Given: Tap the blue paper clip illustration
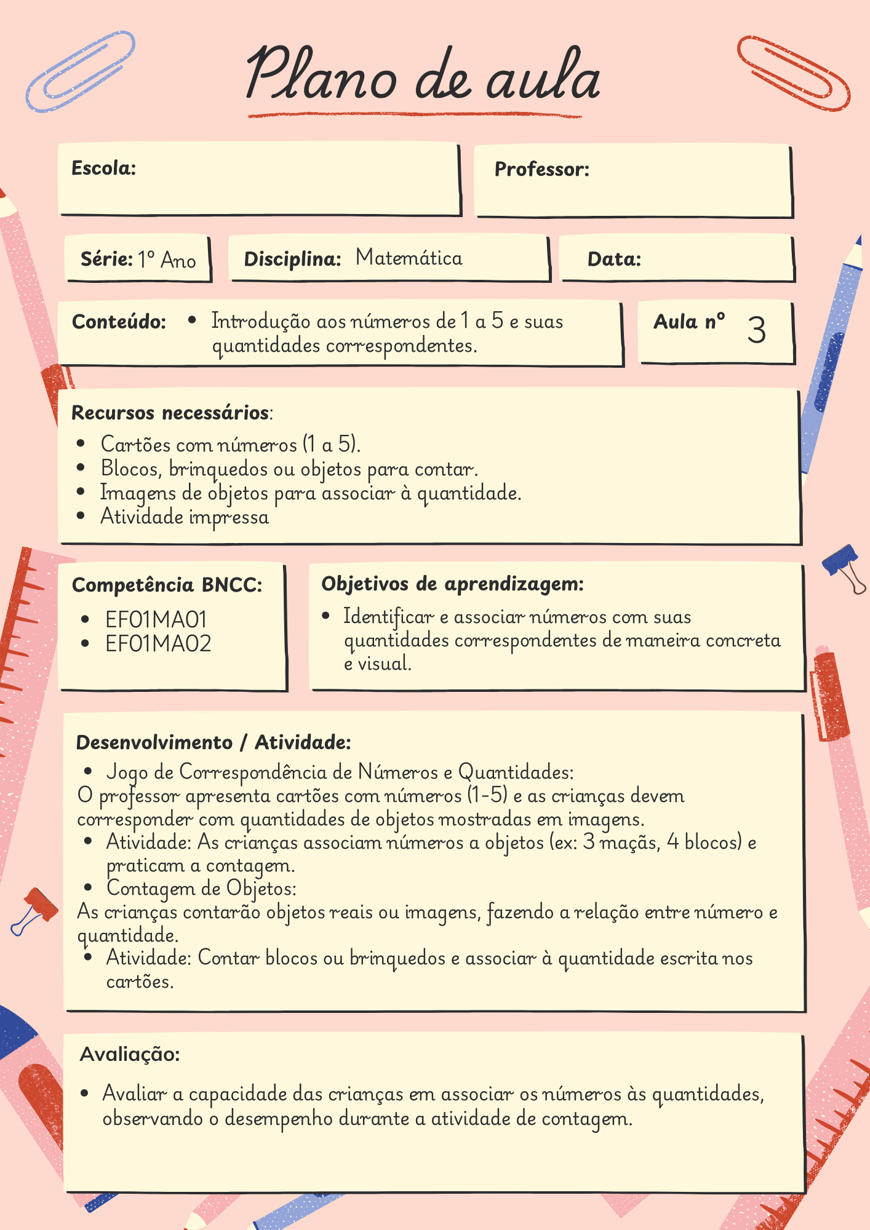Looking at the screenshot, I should pos(81,71).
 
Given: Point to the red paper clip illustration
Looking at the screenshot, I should pos(793,73).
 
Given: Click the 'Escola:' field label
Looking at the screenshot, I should pos(103,168).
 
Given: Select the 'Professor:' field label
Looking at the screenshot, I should pos(541,169).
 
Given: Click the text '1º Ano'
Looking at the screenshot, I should pos(167,260).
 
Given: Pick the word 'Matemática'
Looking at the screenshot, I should pos(409,257).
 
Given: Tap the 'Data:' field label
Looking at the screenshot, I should pos(614,259).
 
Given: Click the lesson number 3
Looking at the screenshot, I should pos(756,330).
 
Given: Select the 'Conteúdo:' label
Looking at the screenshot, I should pos(119,322).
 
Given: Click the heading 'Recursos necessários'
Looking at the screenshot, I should pos(170,412).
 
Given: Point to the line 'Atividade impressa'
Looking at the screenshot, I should pos(185,517).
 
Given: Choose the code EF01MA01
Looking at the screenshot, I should pos(156,619).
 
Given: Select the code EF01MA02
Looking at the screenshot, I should pos(158,643).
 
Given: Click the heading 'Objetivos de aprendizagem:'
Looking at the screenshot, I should pos(452,583).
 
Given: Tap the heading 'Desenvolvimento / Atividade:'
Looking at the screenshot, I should pos(213,742).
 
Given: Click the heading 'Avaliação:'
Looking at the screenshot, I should pos(130,1054).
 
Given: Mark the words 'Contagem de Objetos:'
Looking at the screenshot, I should pos(201,888).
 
